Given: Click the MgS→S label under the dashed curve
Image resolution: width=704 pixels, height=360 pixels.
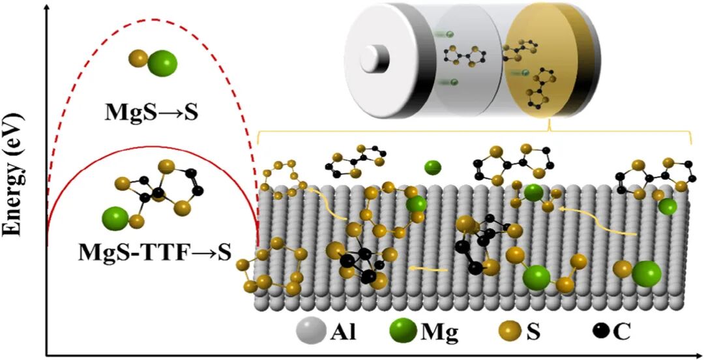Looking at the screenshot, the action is (152, 112).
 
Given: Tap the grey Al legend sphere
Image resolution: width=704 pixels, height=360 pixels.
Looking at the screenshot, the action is (311, 333).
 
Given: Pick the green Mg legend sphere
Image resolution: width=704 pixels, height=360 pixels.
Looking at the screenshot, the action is (403, 332).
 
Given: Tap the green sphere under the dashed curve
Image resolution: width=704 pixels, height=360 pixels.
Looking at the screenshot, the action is (162, 63).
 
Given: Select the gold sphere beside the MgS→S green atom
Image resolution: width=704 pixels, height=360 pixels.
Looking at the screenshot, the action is (138, 59).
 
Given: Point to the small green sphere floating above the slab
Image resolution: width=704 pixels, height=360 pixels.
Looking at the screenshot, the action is (433, 168).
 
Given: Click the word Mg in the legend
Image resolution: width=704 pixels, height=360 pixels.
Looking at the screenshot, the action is (439, 333).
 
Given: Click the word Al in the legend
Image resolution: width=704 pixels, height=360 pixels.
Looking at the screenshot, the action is (343, 333).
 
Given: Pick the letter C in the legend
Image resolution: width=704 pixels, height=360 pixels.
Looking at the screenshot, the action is (622, 333).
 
